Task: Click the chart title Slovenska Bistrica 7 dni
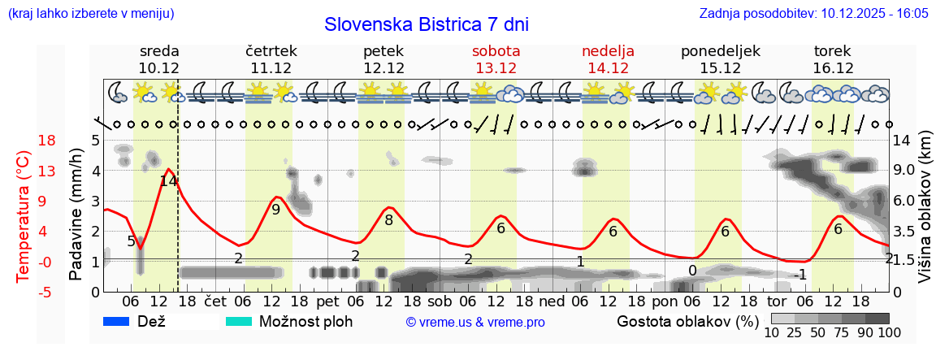point(426,24)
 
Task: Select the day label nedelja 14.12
point(608,59)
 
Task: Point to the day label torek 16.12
point(833,59)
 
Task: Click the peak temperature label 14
point(168,181)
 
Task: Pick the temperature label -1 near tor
point(800,275)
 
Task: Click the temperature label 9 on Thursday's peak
point(275,210)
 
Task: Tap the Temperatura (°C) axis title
point(24,215)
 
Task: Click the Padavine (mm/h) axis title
point(76,214)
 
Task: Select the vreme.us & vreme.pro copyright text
point(474,322)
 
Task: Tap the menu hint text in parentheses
point(90,14)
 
